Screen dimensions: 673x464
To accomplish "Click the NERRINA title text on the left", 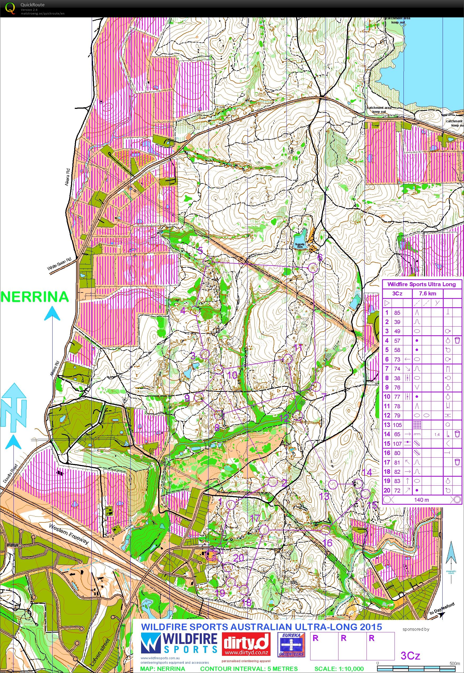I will point(35,297).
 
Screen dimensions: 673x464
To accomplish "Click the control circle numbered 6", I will point(313,268).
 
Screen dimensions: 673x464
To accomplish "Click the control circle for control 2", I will point(272,482).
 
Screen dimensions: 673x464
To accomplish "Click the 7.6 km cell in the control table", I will point(427,293).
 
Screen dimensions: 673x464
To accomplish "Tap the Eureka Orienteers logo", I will point(291,636).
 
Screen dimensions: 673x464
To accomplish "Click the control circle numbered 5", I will point(208,261).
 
